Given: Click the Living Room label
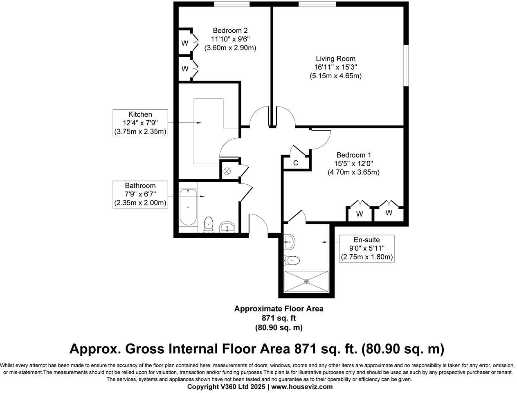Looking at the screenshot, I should tap(335, 59).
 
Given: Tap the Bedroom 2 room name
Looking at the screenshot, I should tap(230, 30).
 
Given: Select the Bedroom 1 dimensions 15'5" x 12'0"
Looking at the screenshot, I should tap(353, 164).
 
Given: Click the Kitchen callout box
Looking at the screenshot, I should tap(140, 123).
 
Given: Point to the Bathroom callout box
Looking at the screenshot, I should tap(140, 194).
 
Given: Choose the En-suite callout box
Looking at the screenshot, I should tap(366, 248).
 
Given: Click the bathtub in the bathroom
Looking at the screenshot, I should tap(188, 207).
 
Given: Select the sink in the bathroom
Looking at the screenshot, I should tap(227, 227).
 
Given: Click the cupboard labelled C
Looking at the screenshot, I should tap(295, 163).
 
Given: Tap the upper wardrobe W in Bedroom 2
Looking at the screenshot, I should tap(185, 43).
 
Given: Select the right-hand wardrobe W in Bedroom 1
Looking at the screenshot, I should tap(389, 213).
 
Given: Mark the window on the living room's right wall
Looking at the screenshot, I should tap(406, 65).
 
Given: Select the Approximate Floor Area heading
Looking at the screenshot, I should tap(279, 309).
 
